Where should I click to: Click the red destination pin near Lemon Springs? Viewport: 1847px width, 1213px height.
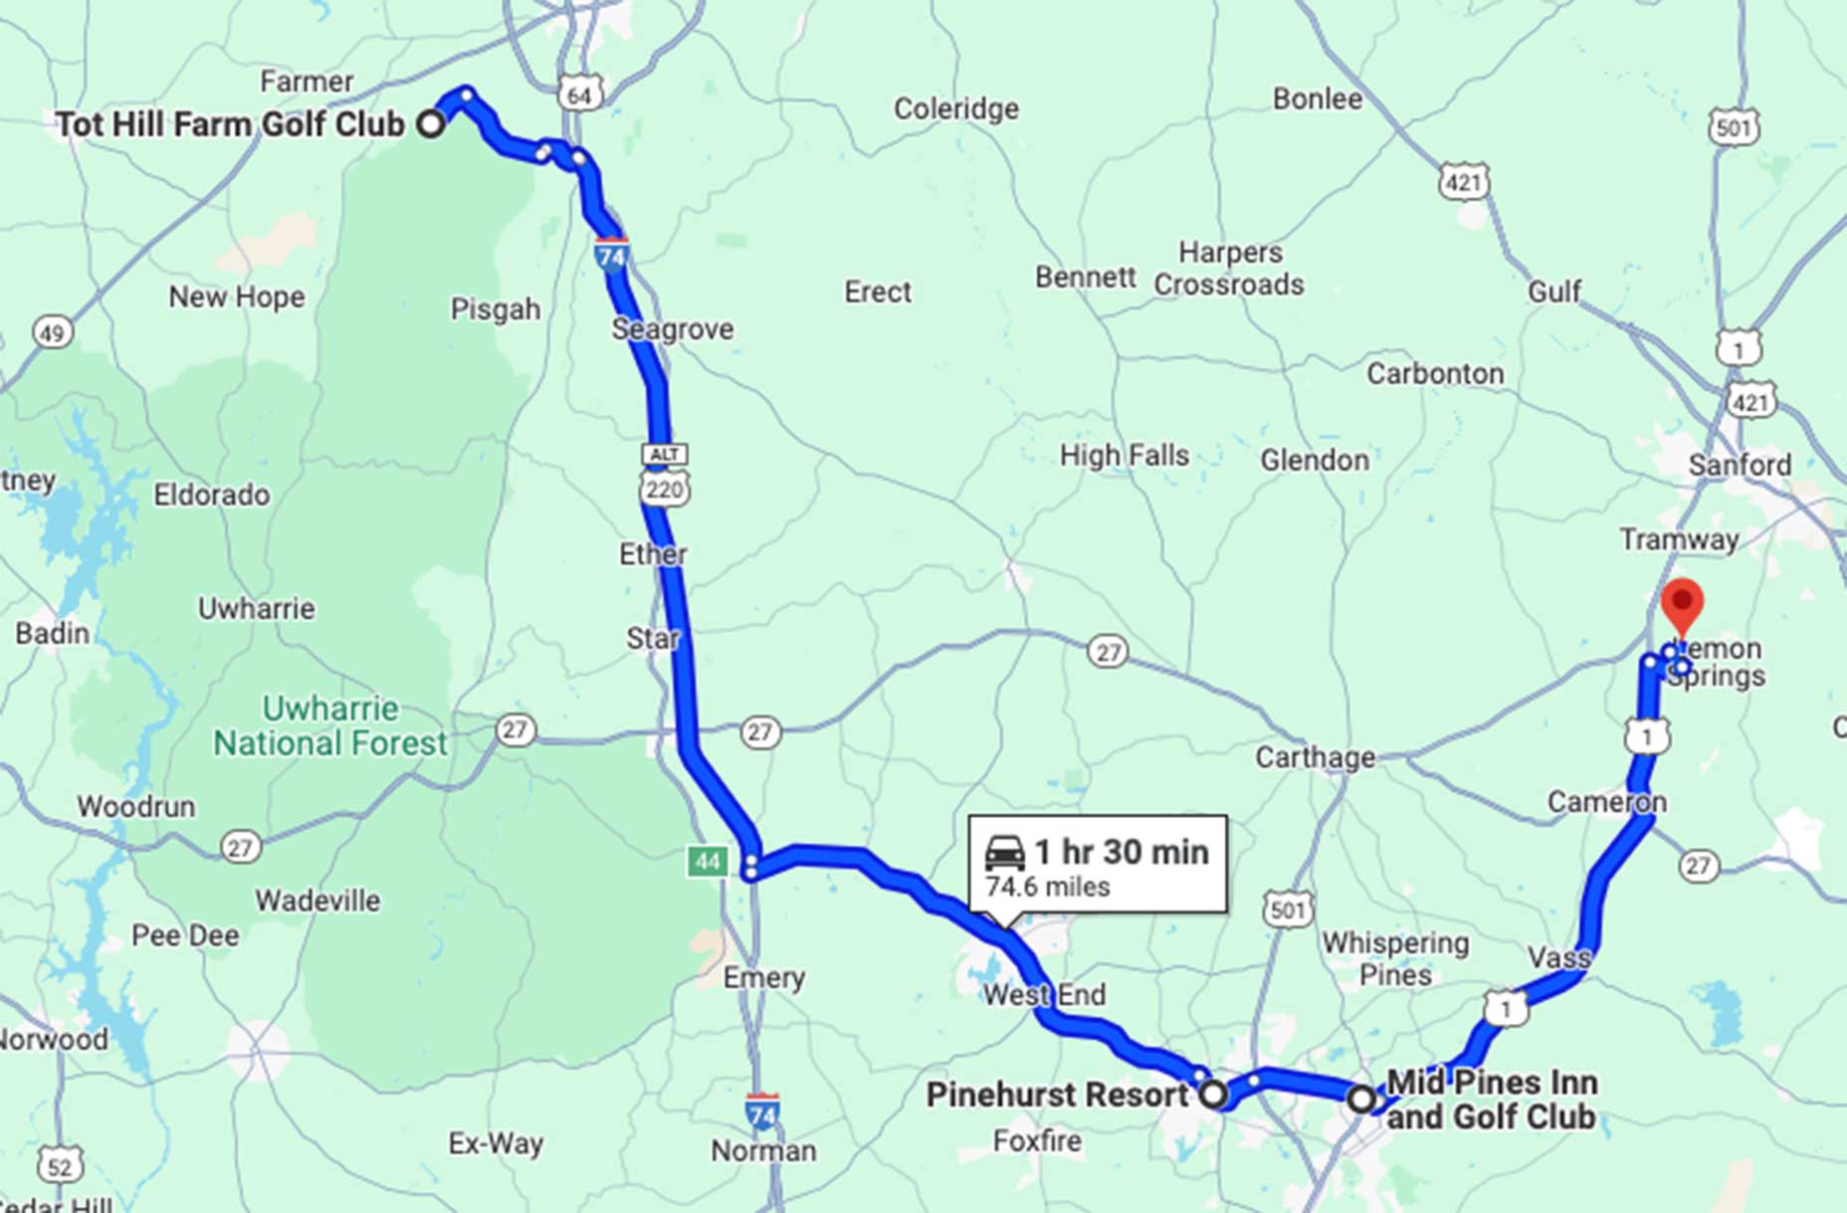[1682, 603]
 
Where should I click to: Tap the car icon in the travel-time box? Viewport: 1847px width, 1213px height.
[1004, 853]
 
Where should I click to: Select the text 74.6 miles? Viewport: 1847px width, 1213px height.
[1047, 887]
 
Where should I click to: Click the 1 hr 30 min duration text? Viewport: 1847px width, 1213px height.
[1122, 852]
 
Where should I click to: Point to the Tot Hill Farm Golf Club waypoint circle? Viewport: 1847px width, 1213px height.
[431, 124]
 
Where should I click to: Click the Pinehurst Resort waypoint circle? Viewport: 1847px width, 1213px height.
[1213, 1095]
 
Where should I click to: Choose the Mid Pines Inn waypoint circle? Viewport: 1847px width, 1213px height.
[1361, 1100]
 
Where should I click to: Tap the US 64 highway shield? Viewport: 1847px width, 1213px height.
[579, 95]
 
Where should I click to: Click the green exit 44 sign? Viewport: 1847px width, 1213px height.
[707, 861]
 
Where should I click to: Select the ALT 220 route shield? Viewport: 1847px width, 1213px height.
[665, 475]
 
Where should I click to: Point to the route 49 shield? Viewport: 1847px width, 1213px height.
[53, 332]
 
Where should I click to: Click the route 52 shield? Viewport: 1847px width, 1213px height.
[60, 1165]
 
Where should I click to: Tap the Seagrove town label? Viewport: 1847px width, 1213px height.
[673, 329]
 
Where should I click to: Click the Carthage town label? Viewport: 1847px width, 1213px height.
[1315, 757]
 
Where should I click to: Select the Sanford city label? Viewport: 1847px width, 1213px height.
[1740, 465]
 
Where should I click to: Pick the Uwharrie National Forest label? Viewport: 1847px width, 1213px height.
[330, 725]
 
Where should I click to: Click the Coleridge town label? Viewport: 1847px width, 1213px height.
[955, 108]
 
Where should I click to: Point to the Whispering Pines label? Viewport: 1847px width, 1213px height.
[1394, 958]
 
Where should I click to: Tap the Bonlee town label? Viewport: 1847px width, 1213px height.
[1317, 99]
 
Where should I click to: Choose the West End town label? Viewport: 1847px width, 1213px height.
[1044, 994]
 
